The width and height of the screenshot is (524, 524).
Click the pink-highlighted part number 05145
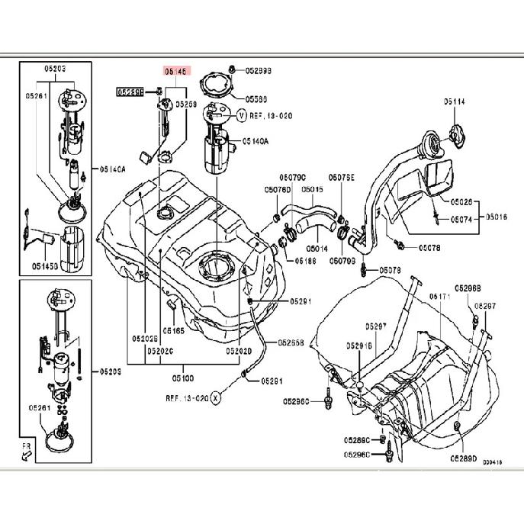175,70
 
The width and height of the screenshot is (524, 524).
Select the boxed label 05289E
130,92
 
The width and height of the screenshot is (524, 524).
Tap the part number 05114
455,101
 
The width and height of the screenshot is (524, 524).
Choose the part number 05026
461,203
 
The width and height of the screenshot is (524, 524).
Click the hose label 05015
312,189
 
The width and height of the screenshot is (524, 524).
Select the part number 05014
317,248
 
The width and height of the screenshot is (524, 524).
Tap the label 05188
305,260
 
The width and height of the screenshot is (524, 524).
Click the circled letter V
242,116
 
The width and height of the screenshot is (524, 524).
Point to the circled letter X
216,397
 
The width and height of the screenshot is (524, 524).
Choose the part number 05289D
463,459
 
